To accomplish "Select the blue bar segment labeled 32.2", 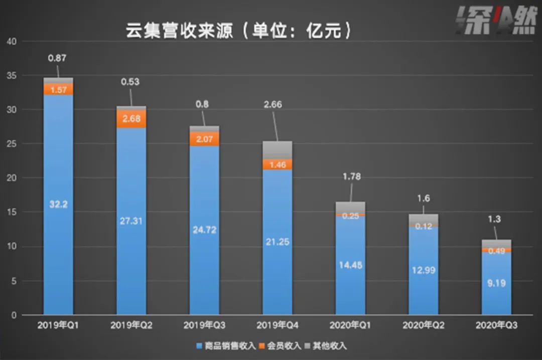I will tap(58, 204).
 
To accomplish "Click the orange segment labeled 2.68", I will tap(131, 119).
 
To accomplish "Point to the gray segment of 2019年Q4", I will tap(277, 150).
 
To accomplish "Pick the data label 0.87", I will tap(57, 58).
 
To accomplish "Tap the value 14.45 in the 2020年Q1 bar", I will tap(350, 265).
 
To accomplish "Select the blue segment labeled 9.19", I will tap(496, 283).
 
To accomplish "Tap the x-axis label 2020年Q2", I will tap(423, 325).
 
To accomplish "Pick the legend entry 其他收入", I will tap(329, 346).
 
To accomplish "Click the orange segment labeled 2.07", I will tap(204, 139).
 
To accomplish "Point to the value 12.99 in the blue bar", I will tap(423, 270).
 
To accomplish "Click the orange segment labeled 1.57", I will tap(58, 89).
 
